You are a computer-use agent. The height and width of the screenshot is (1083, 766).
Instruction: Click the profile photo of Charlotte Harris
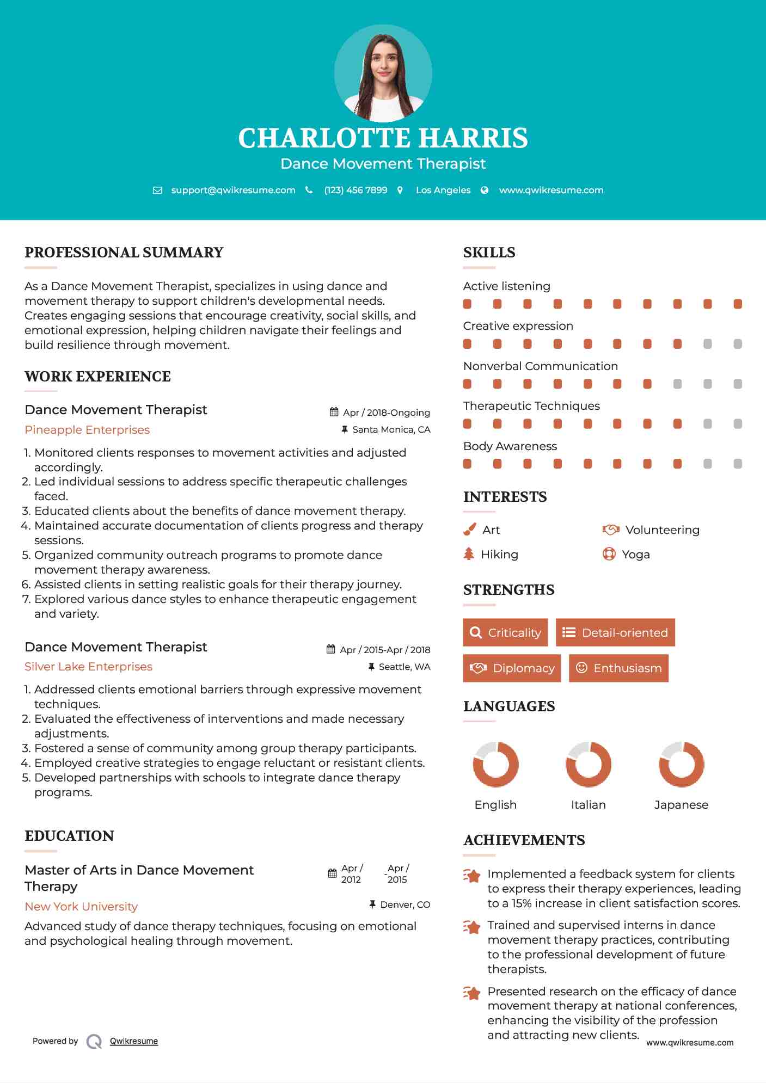point(383,73)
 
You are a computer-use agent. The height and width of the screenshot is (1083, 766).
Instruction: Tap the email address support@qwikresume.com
point(233,190)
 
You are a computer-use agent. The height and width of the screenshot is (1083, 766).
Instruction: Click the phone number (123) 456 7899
point(356,190)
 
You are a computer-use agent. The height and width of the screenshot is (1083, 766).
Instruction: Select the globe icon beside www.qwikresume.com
point(485,190)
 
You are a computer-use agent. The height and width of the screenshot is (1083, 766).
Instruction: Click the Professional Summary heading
point(124,253)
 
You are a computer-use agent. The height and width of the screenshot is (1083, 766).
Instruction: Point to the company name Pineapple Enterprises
point(87,430)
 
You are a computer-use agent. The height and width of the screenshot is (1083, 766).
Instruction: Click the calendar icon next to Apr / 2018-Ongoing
point(334,412)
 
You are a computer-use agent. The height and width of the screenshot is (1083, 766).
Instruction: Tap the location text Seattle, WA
point(404,667)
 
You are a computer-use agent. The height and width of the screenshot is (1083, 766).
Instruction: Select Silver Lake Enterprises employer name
point(88,667)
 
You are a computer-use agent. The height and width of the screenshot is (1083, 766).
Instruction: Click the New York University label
point(81,907)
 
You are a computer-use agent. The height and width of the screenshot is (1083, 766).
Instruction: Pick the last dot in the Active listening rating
point(738,304)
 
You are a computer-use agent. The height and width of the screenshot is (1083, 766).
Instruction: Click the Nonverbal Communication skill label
point(540,366)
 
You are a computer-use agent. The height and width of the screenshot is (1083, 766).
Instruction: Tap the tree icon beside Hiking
point(469,554)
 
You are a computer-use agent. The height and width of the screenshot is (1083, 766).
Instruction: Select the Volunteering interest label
point(662,530)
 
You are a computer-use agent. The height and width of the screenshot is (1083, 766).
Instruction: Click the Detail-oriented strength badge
point(615,632)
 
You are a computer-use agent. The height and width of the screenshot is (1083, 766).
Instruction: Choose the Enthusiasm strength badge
point(618,668)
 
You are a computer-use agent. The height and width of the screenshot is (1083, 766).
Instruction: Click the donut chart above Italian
point(588,764)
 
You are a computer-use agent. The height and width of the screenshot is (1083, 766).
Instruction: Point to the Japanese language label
point(681,805)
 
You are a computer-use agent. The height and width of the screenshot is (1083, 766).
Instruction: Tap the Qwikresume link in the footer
point(134,1041)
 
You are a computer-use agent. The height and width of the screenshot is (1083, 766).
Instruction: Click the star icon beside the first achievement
point(472,876)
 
